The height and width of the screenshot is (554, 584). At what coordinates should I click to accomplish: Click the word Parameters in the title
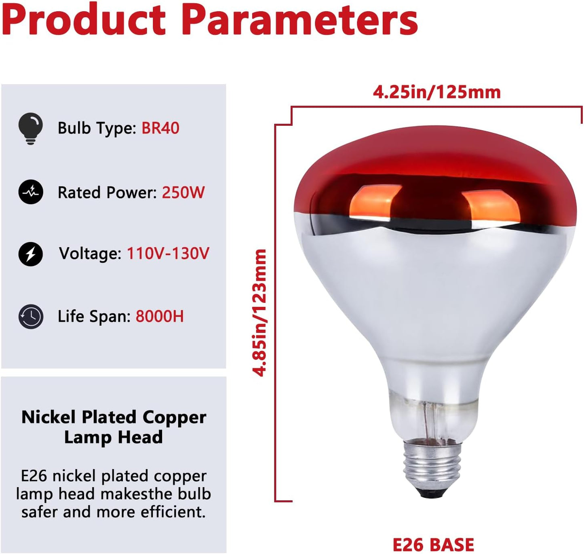(299, 20)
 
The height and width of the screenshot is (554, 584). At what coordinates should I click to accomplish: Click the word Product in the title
(84, 20)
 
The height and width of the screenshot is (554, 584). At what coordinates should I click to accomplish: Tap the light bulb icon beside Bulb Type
(30, 128)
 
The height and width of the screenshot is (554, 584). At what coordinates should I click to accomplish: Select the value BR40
(160, 128)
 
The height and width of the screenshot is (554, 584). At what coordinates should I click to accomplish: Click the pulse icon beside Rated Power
(31, 192)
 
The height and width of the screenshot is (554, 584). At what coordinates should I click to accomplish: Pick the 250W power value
(183, 192)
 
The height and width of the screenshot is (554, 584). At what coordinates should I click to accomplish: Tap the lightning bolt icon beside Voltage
(31, 254)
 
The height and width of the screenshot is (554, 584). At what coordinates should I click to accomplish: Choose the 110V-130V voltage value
(168, 254)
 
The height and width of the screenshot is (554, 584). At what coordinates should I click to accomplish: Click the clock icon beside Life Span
(31, 316)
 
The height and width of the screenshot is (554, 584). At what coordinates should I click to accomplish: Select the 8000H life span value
(159, 316)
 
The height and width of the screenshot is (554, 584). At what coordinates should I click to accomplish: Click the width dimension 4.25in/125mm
(436, 92)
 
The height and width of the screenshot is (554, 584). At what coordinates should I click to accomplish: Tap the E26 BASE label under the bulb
(433, 544)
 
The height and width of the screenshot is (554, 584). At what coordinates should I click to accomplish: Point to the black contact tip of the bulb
(433, 492)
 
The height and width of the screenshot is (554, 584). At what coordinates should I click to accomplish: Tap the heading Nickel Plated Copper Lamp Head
(114, 427)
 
